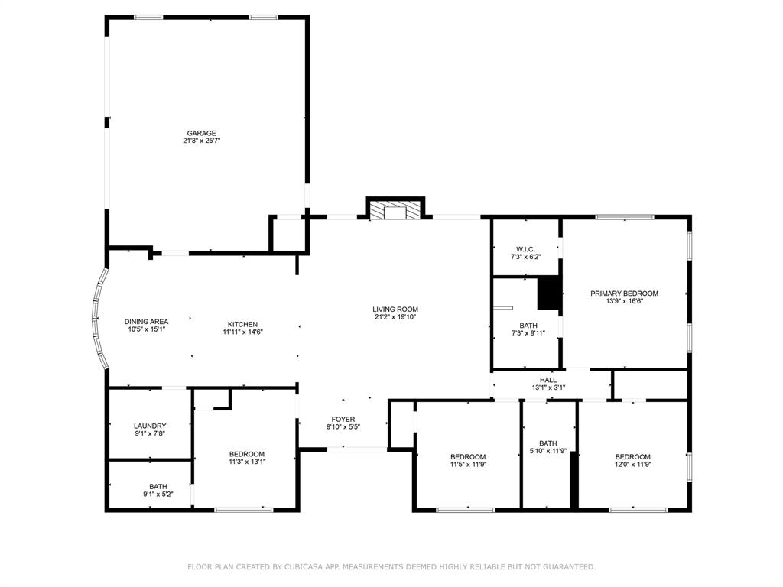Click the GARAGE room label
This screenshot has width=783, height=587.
coord(202,133)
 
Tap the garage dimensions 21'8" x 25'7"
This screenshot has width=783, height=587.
coord(202,141)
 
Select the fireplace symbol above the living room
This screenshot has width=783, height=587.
coord(395,211)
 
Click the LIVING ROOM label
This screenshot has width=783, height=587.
coord(395,309)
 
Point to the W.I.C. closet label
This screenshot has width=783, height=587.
coord(525,248)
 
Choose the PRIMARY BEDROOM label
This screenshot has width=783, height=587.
coord(624,293)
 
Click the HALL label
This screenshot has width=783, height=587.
coord(548,379)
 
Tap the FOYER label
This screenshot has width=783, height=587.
coord(343,419)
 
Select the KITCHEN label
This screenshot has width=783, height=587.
coord(242,323)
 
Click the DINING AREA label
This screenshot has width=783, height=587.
coord(147,321)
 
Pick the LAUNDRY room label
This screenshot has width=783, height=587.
coord(150,426)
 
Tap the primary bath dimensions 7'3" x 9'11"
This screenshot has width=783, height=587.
coord(528,333)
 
